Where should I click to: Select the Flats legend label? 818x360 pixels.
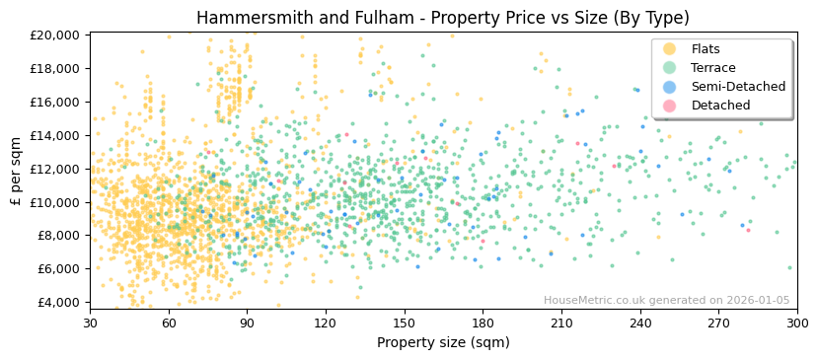click(705, 49)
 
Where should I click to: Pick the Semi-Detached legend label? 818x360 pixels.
click(738, 87)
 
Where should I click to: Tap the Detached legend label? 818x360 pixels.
click(720, 106)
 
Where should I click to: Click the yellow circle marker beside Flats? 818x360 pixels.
click(669, 49)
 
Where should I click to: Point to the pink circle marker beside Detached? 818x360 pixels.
click(669, 106)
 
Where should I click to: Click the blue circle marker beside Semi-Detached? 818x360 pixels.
click(669, 87)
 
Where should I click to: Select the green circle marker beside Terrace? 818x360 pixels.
click(669, 68)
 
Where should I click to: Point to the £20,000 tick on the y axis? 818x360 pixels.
click(55, 35)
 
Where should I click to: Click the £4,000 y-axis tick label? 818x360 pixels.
click(58, 302)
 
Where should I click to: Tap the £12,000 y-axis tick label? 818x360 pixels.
click(55, 169)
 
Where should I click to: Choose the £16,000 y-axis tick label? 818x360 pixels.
click(55, 102)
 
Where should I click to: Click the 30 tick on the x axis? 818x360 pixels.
click(90, 323)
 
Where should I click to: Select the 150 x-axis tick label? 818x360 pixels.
click(404, 323)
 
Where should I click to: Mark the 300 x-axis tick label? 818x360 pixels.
click(796, 323)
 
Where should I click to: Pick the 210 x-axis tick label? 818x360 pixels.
click(560, 323)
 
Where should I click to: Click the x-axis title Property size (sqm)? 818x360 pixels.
click(443, 342)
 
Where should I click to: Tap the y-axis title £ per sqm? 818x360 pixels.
click(16, 171)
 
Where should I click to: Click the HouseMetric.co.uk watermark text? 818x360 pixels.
click(667, 301)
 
